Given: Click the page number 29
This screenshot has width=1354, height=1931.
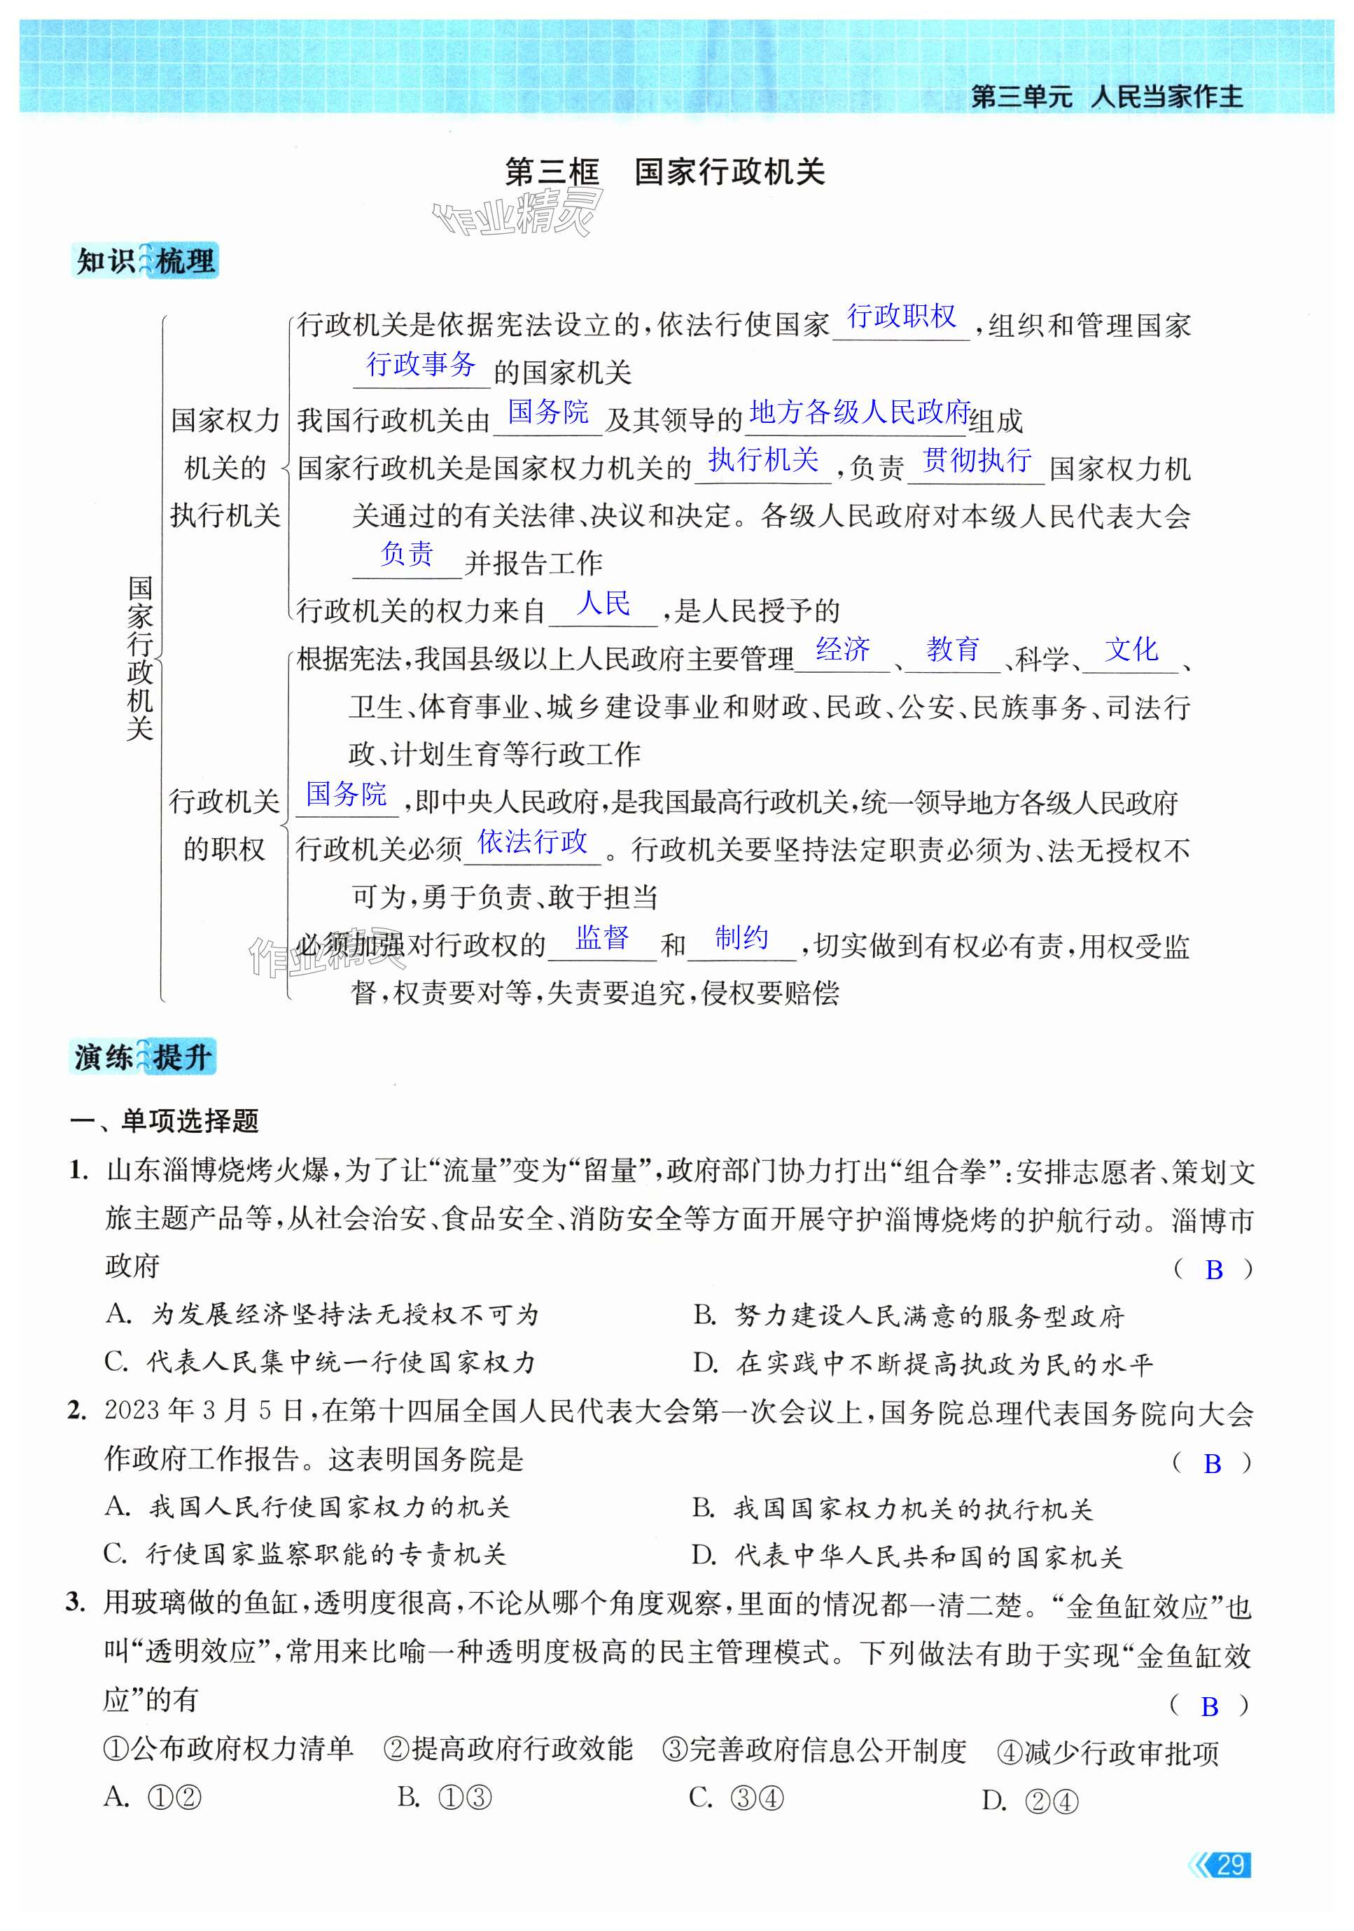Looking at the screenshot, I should (x=1230, y=1864).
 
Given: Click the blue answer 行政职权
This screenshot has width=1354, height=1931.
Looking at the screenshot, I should (x=901, y=316).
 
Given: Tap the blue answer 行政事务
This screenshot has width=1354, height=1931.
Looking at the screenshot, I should (x=421, y=364).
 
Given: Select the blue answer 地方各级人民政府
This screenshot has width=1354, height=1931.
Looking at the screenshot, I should (x=860, y=412).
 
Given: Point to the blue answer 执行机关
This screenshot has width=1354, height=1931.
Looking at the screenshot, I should (x=763, y=460).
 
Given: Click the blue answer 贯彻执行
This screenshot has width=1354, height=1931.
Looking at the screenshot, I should (x=977, y=460).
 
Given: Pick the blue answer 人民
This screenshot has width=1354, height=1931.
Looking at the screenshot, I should (x=603, y=603).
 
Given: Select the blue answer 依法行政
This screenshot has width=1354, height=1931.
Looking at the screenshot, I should (x=532, y=841).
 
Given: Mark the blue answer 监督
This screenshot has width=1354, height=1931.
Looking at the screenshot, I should (x=602, y=937).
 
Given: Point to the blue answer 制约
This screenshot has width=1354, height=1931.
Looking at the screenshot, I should (x=741, y=937).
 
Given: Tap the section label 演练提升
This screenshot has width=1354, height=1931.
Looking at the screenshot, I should (x=143, y=1057).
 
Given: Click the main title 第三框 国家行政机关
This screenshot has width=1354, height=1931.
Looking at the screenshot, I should (x=664, y=172).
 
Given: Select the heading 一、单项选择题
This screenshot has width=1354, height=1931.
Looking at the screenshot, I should (x=164, y=1120).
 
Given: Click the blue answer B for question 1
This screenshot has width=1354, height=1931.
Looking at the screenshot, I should (x=1213, y=1270).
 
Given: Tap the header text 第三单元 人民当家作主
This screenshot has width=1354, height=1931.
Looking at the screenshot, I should (x=1107, y=97).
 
